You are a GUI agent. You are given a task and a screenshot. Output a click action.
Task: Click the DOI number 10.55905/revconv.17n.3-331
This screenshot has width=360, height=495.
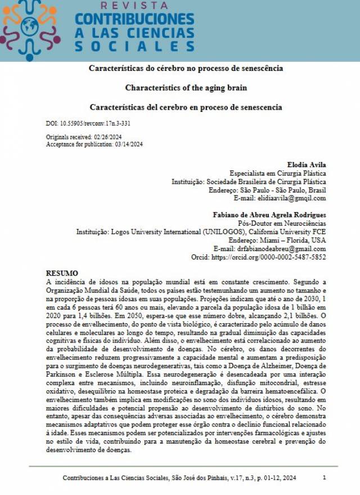(96, 123)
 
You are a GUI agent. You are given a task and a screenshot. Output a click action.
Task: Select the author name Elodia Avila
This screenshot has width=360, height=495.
(307, 164)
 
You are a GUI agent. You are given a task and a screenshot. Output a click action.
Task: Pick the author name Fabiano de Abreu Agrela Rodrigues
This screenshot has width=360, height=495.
(269, 215)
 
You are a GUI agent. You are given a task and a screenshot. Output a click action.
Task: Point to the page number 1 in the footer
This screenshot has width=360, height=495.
(325, 477)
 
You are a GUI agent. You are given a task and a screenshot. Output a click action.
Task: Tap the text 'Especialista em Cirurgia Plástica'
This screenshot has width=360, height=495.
(277, 173)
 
